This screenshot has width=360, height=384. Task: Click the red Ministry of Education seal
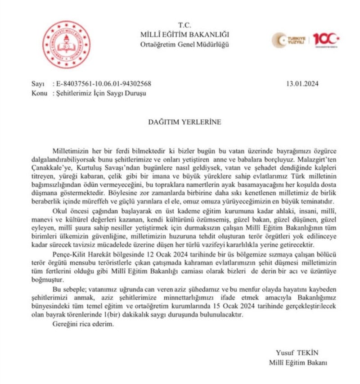66,45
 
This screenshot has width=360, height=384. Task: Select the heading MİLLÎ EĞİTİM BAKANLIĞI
184,35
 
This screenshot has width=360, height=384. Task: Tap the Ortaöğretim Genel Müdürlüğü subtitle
184,44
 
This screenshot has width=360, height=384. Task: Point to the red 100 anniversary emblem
326,40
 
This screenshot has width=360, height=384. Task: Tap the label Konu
40,93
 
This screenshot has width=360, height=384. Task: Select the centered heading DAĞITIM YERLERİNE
185,122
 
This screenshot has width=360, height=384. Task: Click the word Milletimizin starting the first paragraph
71,150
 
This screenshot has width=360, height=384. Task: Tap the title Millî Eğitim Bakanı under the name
298,362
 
